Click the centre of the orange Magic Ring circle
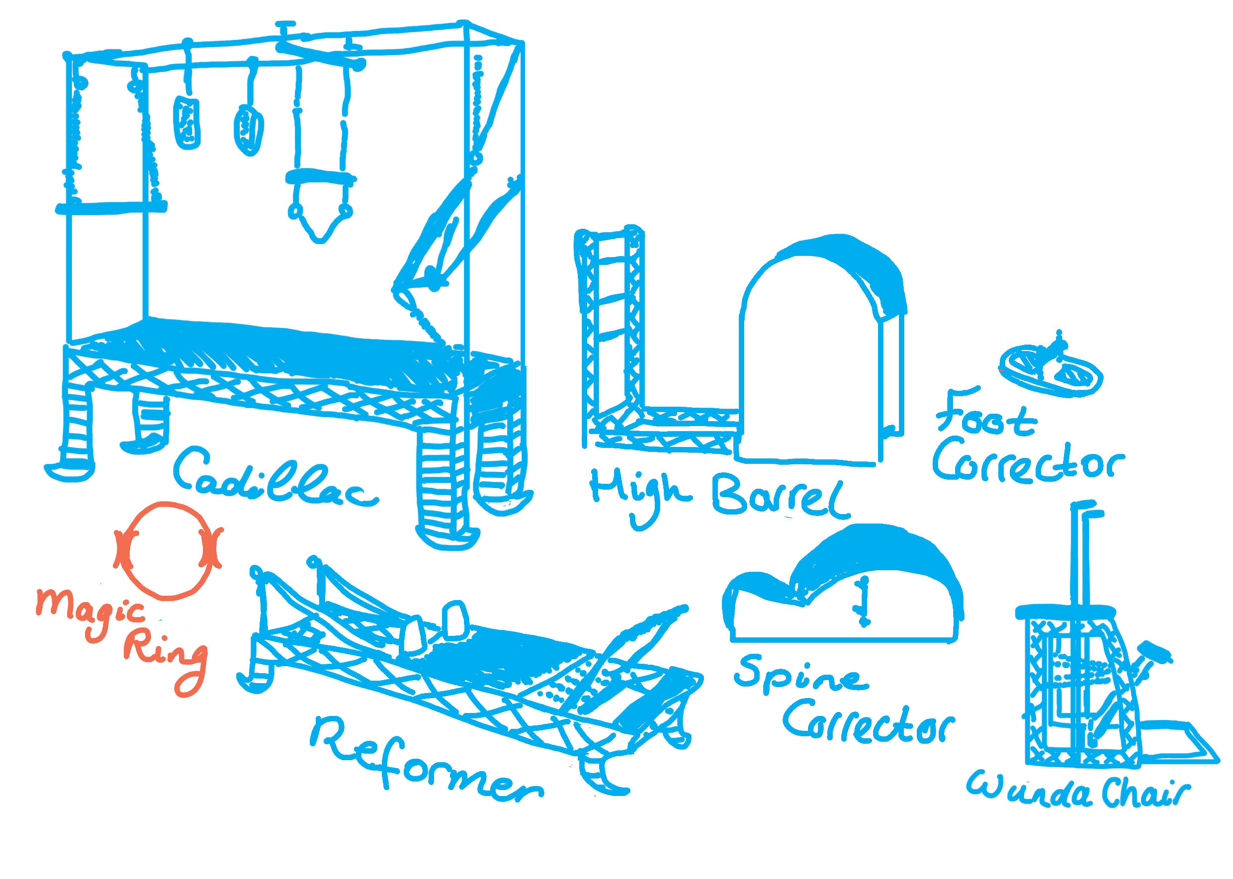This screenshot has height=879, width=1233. [168, 551]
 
